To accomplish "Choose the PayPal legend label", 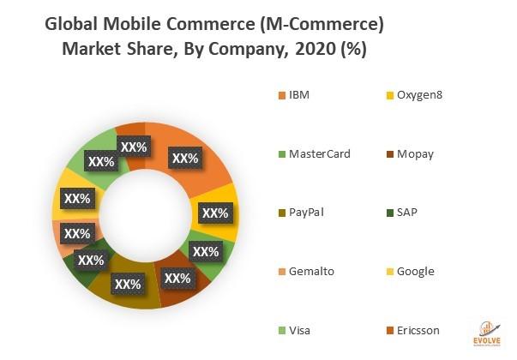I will [306, 212].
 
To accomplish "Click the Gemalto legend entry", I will [311, 271].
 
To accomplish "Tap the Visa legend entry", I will [298, 330].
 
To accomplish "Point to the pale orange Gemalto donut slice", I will [63, 233].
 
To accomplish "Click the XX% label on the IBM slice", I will [184, 159].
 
